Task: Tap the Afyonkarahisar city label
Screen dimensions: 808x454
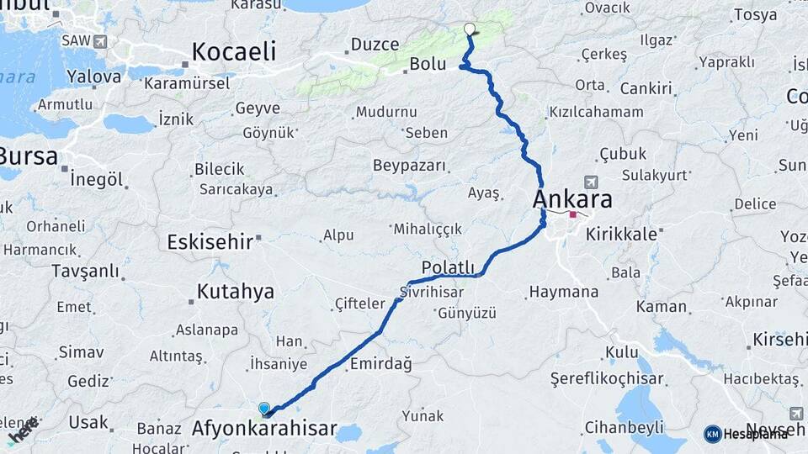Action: point(264,430)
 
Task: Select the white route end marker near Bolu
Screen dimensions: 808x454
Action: point(469,29)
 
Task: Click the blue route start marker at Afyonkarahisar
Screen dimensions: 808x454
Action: point(265,409)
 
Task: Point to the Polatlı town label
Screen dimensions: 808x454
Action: point(442,267)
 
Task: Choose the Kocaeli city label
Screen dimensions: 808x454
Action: point(234,51)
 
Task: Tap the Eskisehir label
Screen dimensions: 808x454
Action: point(210,242)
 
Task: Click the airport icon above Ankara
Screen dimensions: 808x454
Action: point(591,182)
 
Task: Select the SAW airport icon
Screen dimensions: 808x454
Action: point(101,40)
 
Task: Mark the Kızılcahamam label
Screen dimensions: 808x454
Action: point(596,112)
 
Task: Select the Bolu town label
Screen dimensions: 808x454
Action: point(427,64)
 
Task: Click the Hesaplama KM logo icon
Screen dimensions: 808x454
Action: point(713,434)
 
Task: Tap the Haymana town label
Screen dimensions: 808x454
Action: point(563,293)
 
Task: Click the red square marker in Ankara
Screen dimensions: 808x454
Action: point(573,214)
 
